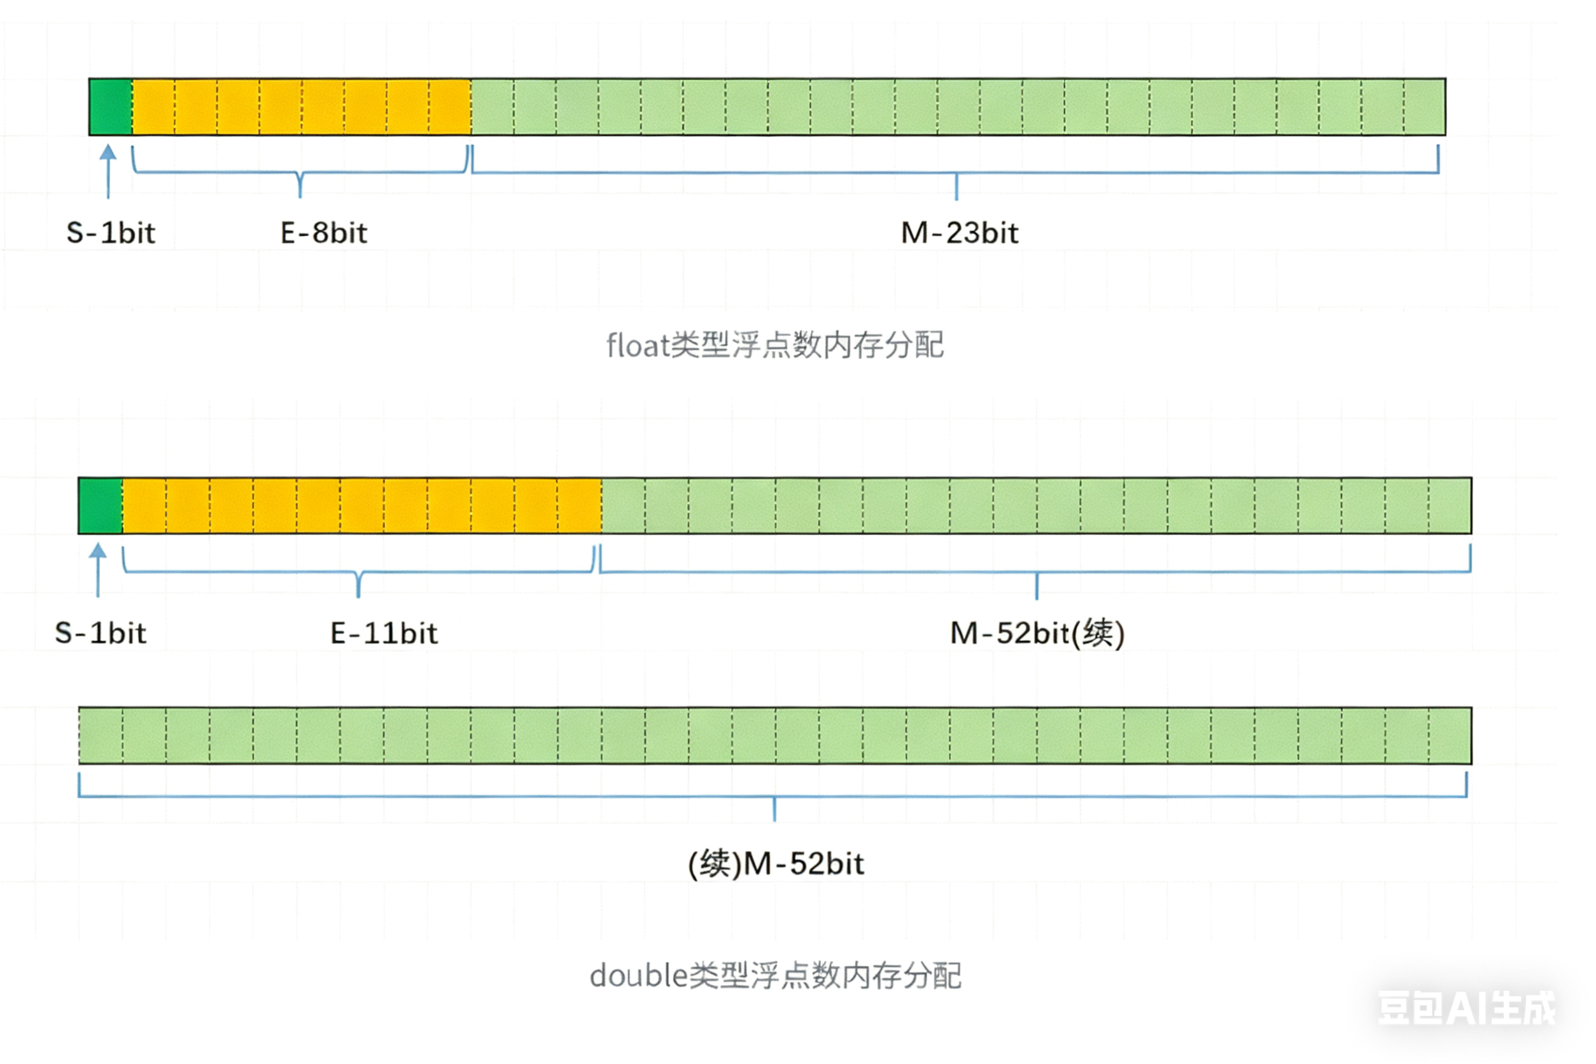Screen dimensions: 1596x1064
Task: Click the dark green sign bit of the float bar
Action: (x=111, y=106)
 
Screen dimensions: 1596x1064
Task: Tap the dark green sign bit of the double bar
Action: (x=101, y=505)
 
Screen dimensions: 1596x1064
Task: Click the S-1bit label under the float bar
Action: (x=111, y=233)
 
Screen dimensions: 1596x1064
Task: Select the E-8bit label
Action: (x=324, y=233)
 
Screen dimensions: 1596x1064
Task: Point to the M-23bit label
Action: (x=959, y=233)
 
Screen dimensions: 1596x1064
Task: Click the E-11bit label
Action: (x=383, y=633)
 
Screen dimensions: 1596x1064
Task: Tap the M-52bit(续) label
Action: (x=1037, y=633)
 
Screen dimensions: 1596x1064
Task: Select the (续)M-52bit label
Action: (x=776, y=864)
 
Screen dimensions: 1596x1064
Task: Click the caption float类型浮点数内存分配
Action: (x=774, y=346)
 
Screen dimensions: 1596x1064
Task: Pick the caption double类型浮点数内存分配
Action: (x=775, y=976)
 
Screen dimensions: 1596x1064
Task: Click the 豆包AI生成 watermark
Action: (x=1466, y=1007)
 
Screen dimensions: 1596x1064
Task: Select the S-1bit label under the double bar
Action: (x=101, y=633)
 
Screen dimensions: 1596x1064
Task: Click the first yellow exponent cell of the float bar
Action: (x=153, y=106)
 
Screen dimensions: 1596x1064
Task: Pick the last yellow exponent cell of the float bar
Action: (x=450, y=106)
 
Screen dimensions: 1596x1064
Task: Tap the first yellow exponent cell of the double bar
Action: (x=144, y=505)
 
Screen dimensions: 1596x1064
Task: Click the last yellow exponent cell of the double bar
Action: (x=579, y=505)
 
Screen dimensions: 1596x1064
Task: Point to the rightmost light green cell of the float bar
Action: (x=1424, y=106)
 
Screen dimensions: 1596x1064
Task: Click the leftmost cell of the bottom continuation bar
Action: (x=101, y=736)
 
